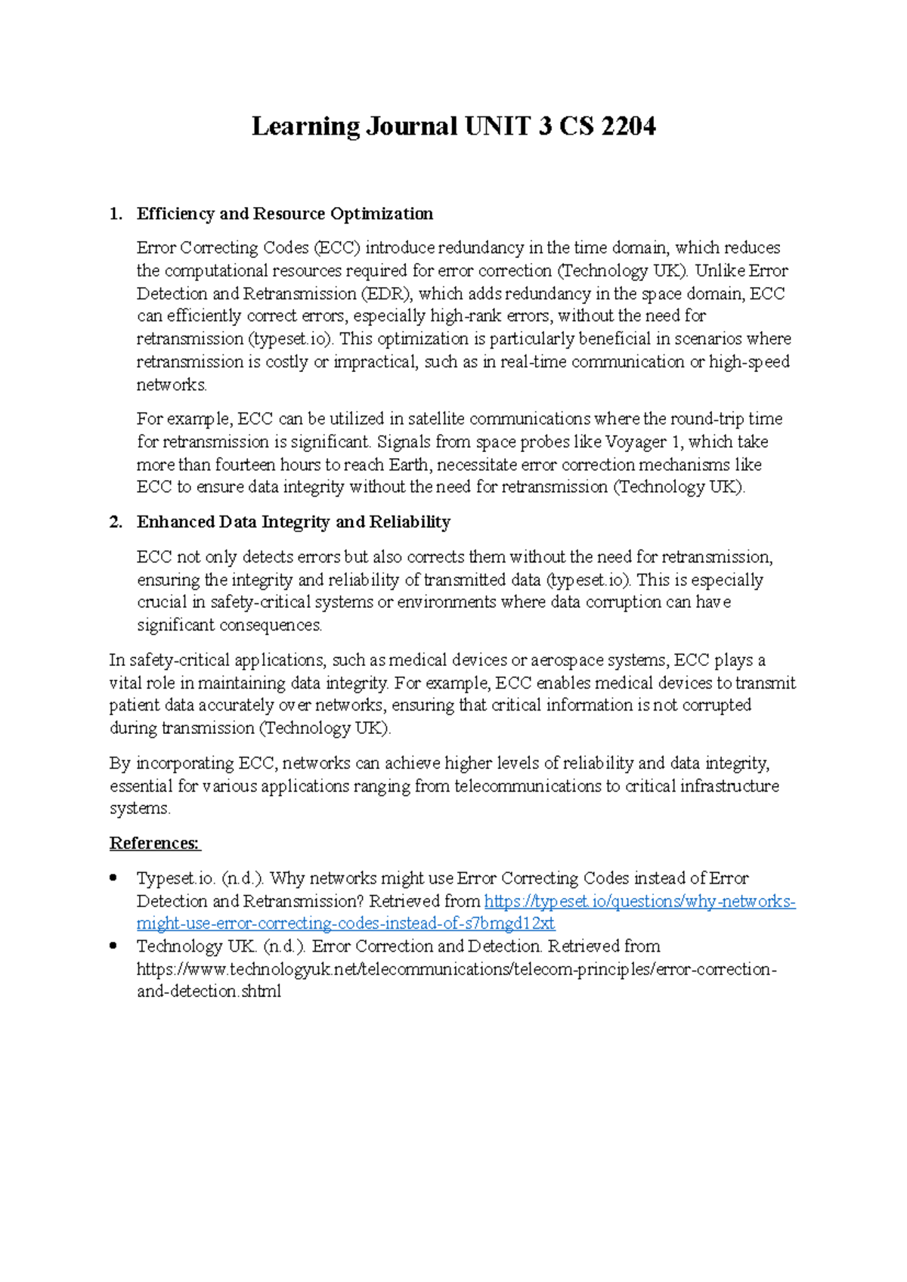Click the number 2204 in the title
click(x=628, y=125)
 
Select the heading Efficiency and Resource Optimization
click(x=284, y=214)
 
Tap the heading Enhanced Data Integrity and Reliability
click(x=293, y=522)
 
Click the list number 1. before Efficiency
click(x=115, y=214)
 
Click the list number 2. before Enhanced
click(x=115, y=522)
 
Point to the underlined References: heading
click(x=155, y=844)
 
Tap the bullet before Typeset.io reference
click(x=113, y=878)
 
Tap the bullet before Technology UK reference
click(x=113, y=946)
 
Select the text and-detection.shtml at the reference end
click(x=209, y=991)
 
